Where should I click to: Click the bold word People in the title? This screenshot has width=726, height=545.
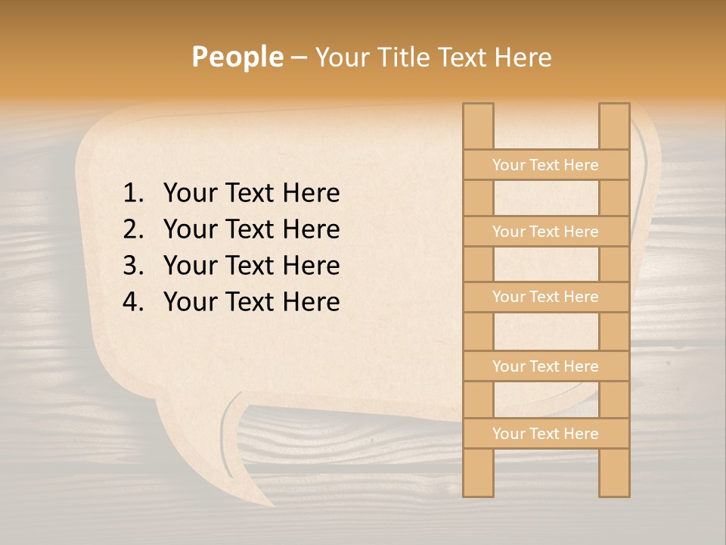pos(237,57)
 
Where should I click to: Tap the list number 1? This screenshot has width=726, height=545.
pos(132,194)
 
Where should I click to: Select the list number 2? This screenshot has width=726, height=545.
pos(132,229)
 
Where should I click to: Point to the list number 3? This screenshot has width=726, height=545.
pos(132,266)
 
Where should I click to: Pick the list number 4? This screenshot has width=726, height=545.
pos(132,302)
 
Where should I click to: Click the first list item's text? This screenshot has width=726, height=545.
pos(251,194)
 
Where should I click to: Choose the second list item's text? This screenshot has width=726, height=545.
pos(251,229)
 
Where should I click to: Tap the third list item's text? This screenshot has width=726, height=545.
pos(251,266)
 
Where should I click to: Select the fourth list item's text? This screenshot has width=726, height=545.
pos(251,302)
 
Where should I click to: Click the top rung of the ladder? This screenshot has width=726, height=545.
pos(545,165)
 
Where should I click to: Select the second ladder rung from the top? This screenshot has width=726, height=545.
pos(545,232)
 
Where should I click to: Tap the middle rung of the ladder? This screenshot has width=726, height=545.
pos(545,297)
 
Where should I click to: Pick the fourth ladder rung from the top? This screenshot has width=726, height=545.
pos(545,366)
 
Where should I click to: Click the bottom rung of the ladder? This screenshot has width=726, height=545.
pos(545,434)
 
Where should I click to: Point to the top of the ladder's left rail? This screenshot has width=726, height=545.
pos(478,110)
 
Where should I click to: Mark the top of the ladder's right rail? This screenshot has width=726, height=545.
pos(614,110)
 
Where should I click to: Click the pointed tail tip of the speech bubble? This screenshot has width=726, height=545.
pos(272,505)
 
